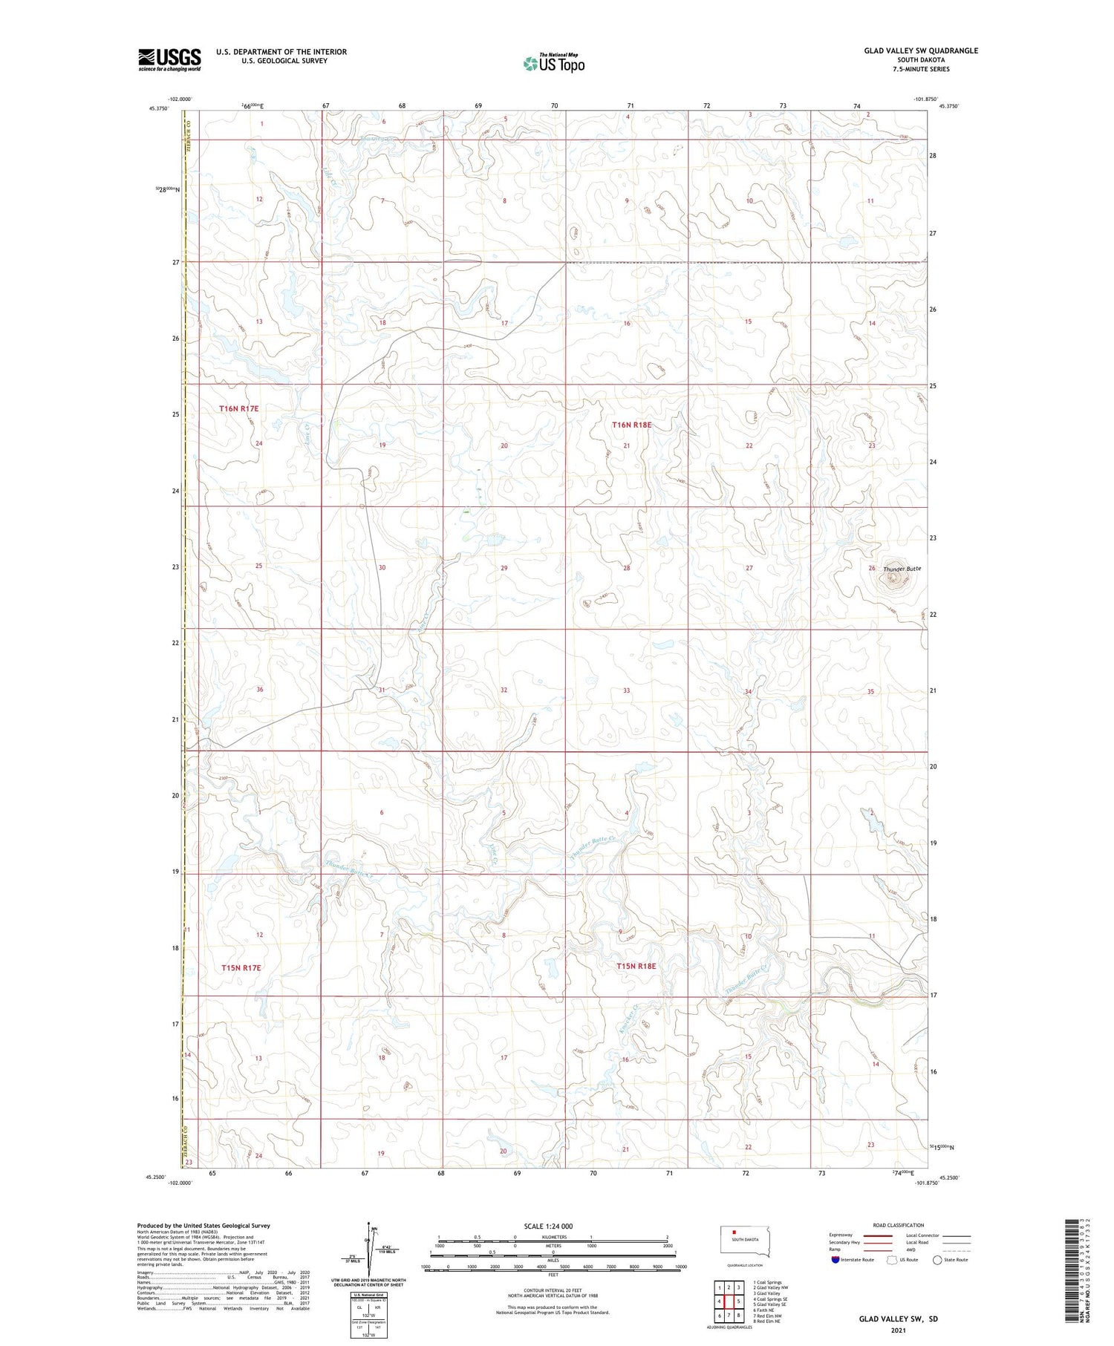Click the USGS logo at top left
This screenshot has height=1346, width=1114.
point(169,59)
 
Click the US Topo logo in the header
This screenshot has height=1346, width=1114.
point(553,63)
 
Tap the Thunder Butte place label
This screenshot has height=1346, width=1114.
point(902,569)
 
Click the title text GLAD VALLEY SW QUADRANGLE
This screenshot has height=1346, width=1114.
point(920,50)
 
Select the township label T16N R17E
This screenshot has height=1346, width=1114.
point(238,408)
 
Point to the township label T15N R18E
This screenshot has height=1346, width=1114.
point(636,966)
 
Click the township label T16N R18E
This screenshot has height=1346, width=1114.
point(631,425)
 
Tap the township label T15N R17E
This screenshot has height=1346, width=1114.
point(241,968)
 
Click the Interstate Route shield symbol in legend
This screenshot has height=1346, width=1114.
point(835,1260)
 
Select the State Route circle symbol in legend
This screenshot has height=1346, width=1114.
point(937,1260)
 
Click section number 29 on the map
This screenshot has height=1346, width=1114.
point(504,568)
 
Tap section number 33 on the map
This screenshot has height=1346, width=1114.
point(626,690)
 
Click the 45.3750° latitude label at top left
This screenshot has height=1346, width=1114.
point(158,108)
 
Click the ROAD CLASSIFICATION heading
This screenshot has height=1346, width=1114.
point(899,1225)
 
